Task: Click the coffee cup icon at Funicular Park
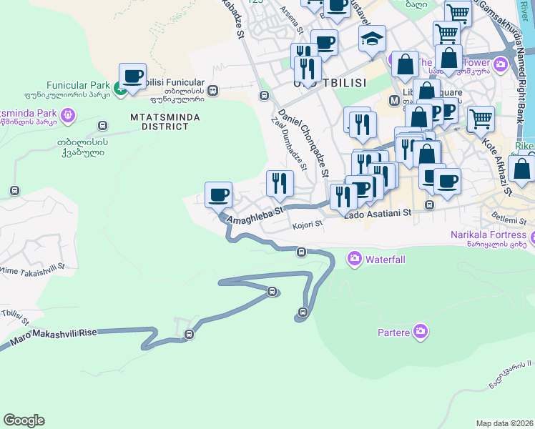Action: (x=132, y=76)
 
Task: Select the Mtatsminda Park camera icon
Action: (x=69, y=114)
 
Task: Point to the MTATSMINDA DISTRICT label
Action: (x=160, y=122)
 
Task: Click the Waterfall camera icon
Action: (x=354, y=258)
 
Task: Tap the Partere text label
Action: (x=393, y=332)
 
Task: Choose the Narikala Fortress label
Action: (x=489, y=235)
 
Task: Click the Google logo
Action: (x=24, y=420)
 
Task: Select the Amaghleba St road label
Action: (x=255, y=216)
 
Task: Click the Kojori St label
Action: (x=308, y=225)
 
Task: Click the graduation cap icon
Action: (x=372, y=39)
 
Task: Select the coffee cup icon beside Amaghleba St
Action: (x=218, y=194)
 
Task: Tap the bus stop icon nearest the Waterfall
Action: (x=302, y=252)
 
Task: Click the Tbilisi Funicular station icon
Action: (x=213, y=91)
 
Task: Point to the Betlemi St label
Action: (x=509, y=217)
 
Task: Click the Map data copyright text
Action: (x=504, y=423)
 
